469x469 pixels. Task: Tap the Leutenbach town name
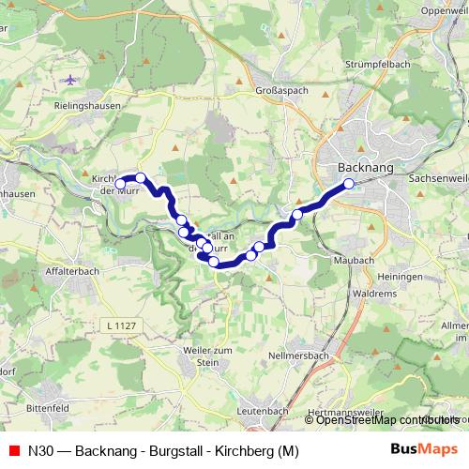(x=263, y=411)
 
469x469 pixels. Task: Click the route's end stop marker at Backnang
(x=349, y=184)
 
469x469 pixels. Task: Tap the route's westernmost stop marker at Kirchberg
(x=119, y=183)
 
